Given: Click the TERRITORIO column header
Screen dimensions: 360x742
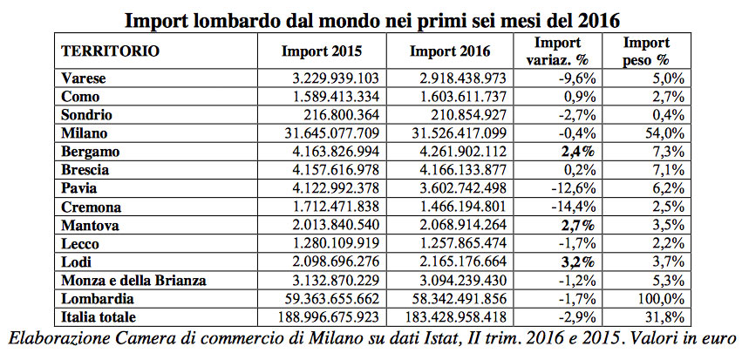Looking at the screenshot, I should click(x=110, y=51).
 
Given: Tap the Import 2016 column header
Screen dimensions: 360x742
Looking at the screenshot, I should click(x=449, y=51).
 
